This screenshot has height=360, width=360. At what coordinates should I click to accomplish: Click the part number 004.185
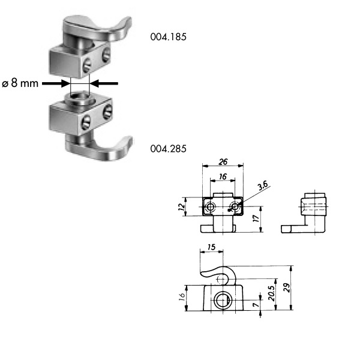tap(168, 37)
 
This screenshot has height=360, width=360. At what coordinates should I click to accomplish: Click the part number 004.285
tap(168, 149)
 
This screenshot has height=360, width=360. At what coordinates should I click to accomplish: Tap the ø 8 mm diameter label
tap(20, 83)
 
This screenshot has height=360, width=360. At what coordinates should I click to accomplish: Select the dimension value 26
tap(223, 162)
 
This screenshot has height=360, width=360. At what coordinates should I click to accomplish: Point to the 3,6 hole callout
tap(263, 186)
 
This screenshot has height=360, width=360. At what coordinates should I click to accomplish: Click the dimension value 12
tap(182, 206)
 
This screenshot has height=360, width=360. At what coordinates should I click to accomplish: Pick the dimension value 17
tap(256, 218)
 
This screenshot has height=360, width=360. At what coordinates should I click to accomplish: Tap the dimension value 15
tap(211, 247)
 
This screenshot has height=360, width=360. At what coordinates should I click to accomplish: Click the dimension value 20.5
tap(272, 293)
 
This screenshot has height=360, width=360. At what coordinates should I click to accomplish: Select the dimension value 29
tap(287, 287)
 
